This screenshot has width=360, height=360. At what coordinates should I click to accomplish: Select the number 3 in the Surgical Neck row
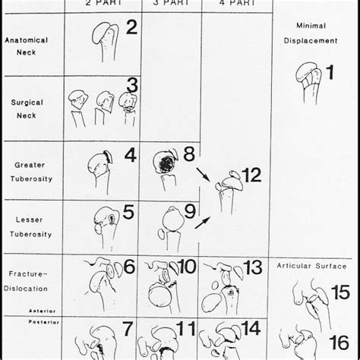click(132, 85)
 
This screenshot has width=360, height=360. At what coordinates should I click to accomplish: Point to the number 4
click(130, 156)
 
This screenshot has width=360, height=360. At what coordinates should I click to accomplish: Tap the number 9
click(189, 212)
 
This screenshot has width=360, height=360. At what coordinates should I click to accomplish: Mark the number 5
click(128, 212)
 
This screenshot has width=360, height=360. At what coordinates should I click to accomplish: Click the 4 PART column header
click(232, 4)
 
